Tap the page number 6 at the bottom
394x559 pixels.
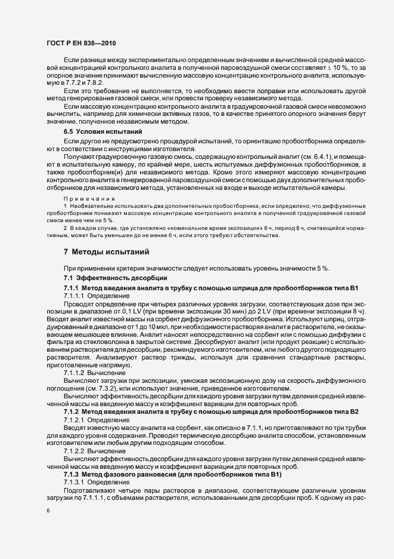[48, 512]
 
